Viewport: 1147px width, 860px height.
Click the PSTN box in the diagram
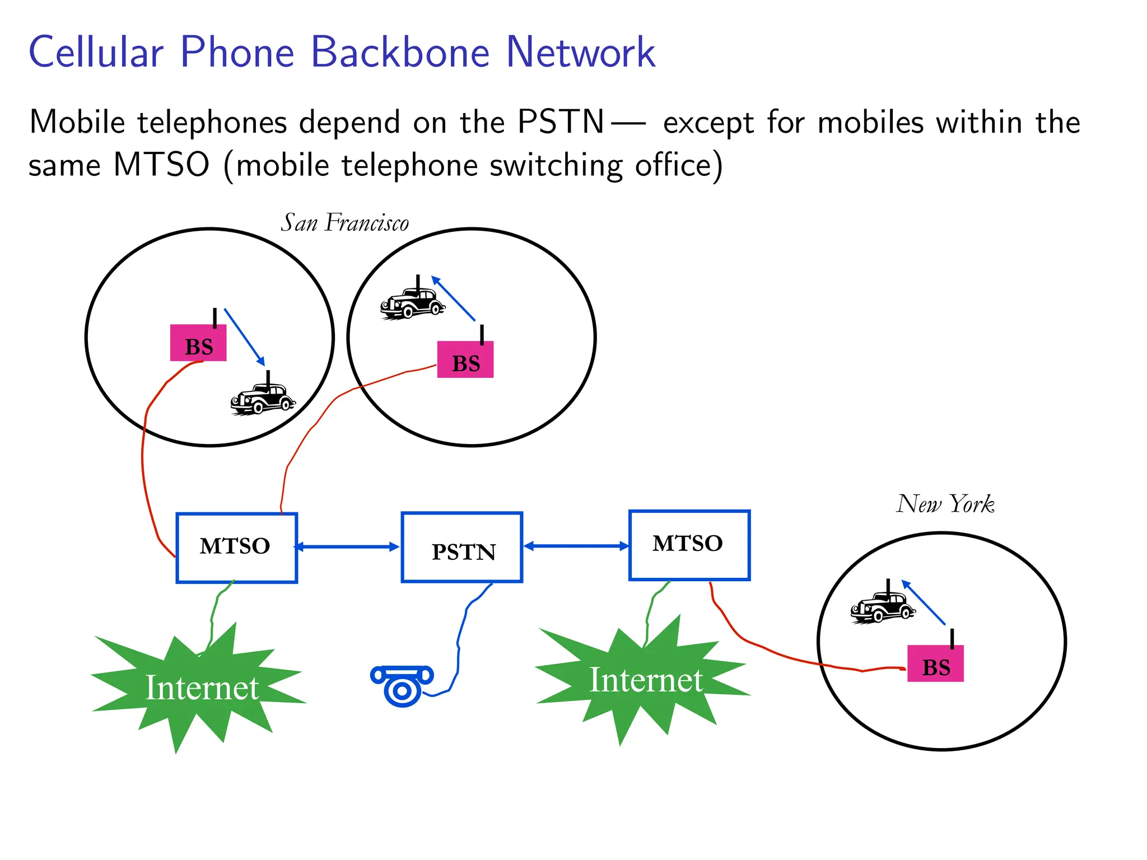(462, 548)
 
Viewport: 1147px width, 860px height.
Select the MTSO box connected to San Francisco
(236, 548)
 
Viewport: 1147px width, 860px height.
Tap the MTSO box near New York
(689, 545)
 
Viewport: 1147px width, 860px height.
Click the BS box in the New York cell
(935, 663)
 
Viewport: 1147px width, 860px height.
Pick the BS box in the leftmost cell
(198, 343)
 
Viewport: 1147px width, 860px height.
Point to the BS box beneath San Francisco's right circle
(465, 360)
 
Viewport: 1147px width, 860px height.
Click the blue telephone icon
(402, 685)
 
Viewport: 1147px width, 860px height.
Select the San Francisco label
(344, 223)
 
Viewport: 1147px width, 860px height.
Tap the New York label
(945, 504)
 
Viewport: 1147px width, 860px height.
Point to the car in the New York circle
(882, 607)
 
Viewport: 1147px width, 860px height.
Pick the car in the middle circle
(412, 303)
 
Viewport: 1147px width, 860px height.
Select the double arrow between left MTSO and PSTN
(347, 547)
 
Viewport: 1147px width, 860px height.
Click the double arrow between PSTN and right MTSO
(576, 546)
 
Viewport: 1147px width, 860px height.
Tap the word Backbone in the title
(400, 52)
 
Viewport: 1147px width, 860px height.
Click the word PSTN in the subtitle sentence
(561, 121)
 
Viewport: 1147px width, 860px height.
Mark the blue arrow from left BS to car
(245, 337)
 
